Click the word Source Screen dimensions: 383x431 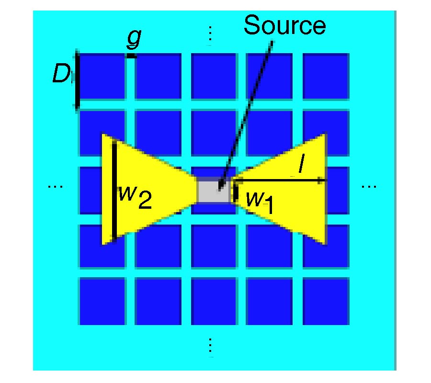click(284, 25)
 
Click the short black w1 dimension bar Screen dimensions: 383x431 click(236, 191)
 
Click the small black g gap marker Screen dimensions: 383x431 click(131, 56)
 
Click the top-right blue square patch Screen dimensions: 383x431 click(326, 75)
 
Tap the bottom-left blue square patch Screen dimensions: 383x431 click(102, 301)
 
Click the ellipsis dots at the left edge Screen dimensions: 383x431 click(56, 186)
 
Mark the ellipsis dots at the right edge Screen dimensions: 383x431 click(369, 186)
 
